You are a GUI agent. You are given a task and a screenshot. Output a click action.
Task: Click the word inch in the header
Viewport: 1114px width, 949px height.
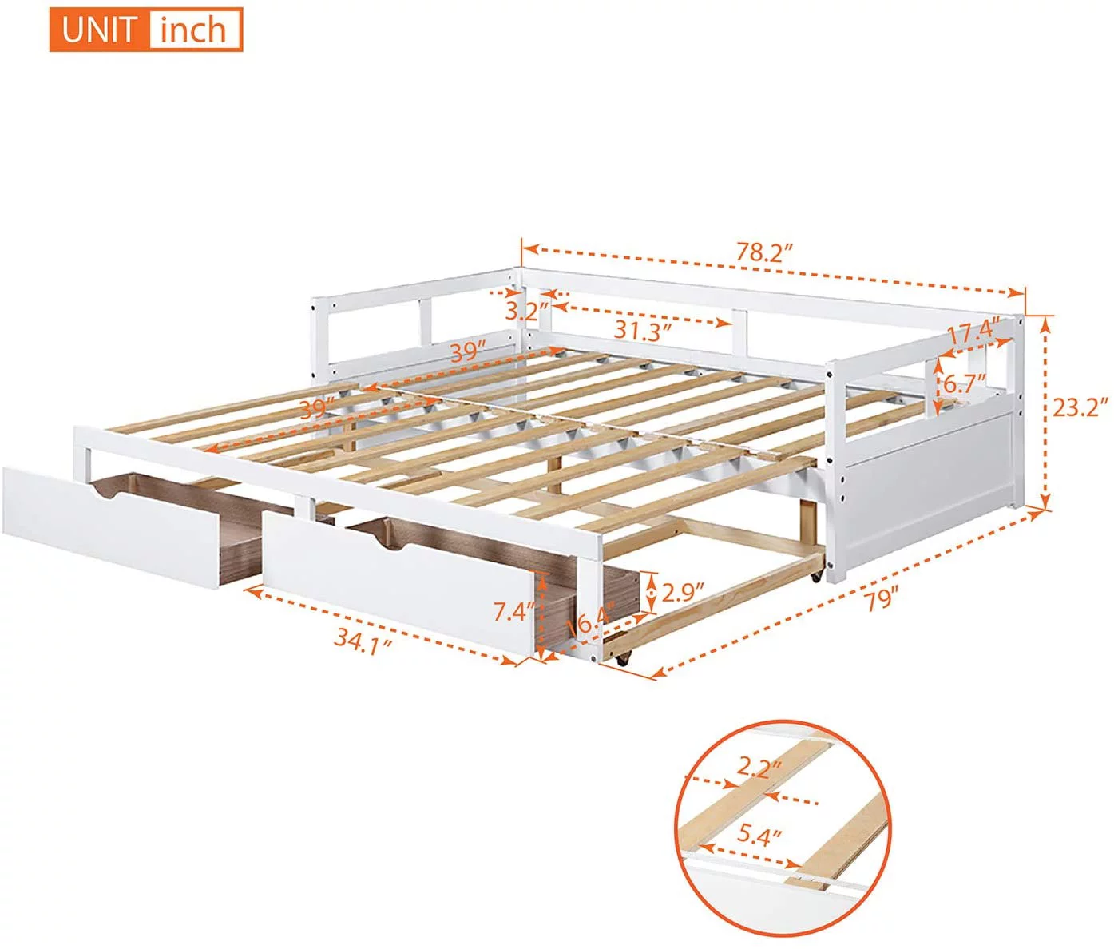[x=193, y=30]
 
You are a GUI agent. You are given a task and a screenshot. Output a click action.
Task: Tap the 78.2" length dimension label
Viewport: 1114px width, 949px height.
[x=764, y=252]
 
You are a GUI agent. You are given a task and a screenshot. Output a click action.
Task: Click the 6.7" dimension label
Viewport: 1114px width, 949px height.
[x=965, y=383]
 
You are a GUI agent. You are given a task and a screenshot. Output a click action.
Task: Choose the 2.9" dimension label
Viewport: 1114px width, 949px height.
[x=684, y=592]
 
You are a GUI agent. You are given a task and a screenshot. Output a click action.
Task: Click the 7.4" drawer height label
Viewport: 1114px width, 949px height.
[x=513, y=612]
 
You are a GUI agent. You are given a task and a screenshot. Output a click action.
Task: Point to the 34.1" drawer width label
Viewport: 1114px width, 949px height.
[x=363, y=641]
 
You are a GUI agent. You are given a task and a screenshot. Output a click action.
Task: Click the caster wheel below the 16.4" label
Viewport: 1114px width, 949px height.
[x=622, y=658]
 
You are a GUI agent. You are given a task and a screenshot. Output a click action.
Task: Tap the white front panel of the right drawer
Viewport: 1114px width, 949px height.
[x=399, y=587]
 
